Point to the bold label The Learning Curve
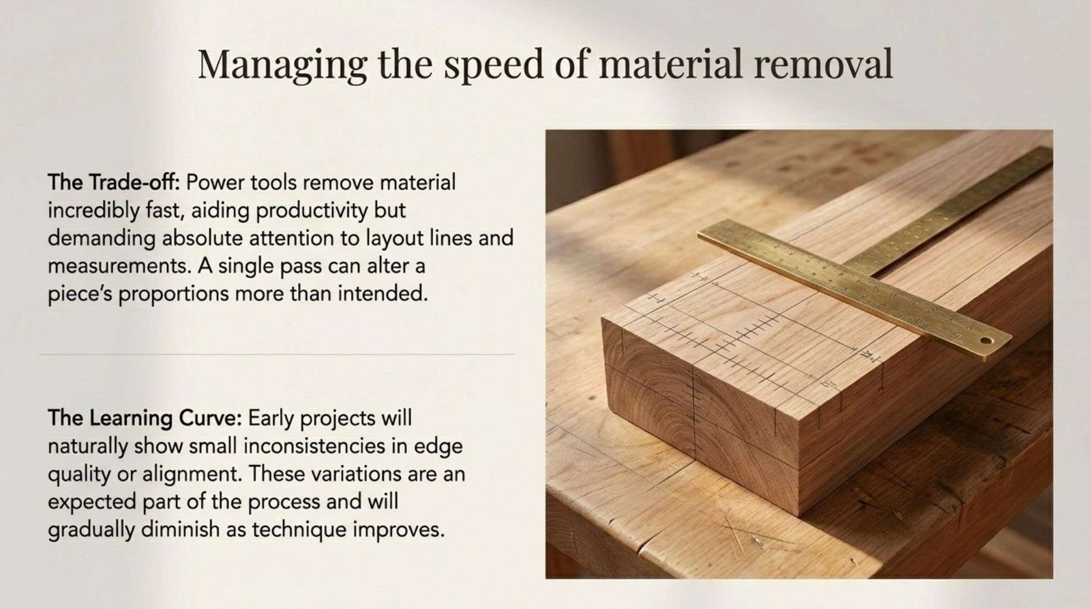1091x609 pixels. click(145, 419)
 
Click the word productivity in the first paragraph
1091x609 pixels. click(311, 211)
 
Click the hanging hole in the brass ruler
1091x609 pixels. click(986, 340)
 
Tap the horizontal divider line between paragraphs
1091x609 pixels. click(277, 355)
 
